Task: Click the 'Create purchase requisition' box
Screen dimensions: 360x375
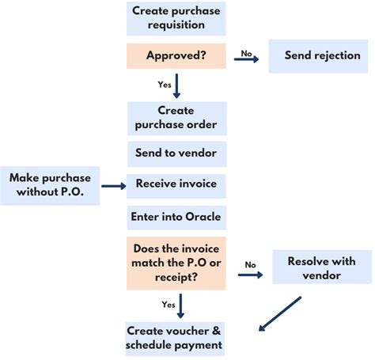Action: pyautogui.click(x=176, y=18)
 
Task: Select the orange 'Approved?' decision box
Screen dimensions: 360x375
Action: pyautogui.click(x=176, y=55)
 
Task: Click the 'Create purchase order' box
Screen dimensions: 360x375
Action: pyautogui.click(x=176, y=118)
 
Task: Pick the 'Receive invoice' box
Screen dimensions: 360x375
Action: pyautogui.click(x=176, y=184)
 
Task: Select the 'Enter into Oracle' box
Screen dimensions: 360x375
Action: pyautogui.click(x=176, y=216)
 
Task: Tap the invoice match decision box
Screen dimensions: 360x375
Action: pyautogui.click(x=176, y=262)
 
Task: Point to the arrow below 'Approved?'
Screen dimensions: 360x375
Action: pyautogui.click(x=176, y=85)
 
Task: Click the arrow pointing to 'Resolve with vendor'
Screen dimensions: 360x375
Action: pyautogui.click(x=251, y=275)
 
